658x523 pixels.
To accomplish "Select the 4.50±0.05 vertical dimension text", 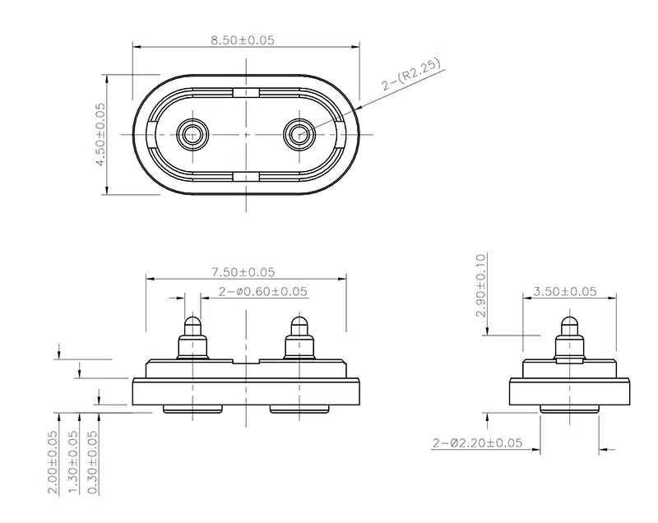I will [101, 135].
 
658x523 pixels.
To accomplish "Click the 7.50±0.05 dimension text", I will [243, 271].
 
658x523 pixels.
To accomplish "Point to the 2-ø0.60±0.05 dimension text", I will [262, 291].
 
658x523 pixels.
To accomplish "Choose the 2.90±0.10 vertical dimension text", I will [480, 285].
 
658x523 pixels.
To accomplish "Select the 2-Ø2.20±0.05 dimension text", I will [477, 442].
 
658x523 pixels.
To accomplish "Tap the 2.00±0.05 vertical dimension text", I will [53, 462].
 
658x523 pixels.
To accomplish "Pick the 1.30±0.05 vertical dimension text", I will [73, 462].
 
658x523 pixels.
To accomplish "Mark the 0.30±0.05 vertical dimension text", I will [93, 462].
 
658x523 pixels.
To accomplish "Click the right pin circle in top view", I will [298, 134].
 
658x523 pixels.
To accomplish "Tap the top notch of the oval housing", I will [246, 92].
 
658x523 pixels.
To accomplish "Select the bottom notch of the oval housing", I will [246, 176].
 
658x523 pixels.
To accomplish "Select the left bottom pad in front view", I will [193, 409].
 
